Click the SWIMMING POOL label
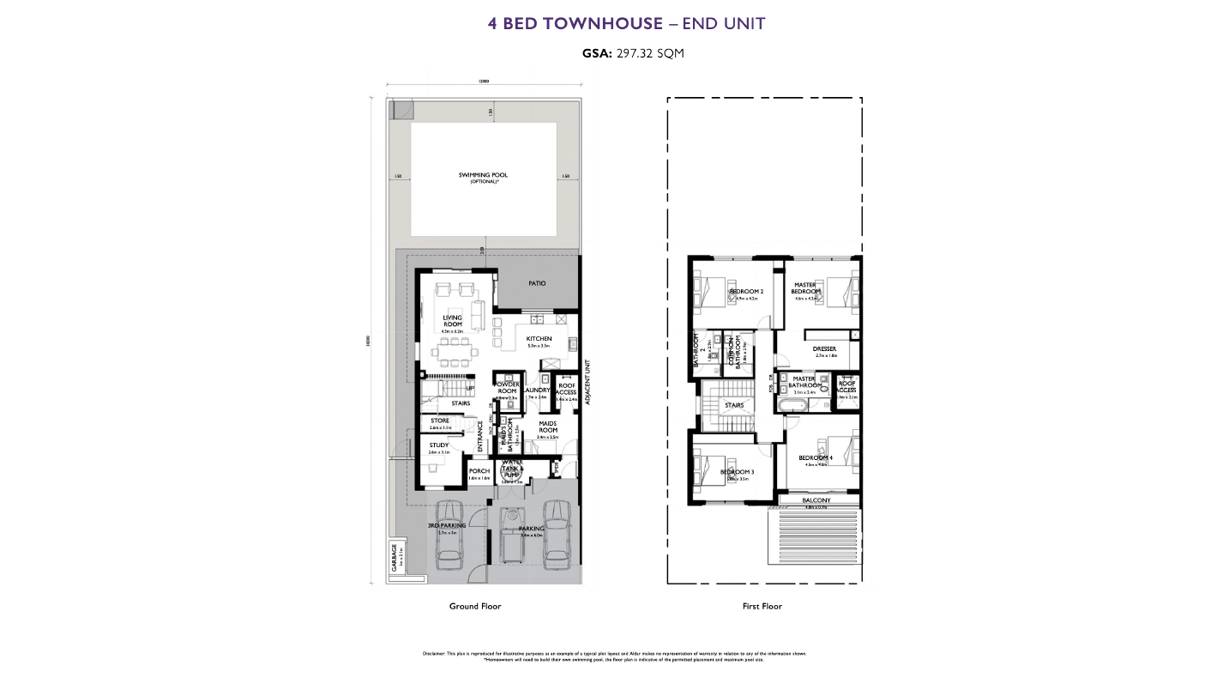coord(483,175)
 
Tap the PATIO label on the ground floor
coord(537,283)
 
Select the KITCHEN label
coord(539,339)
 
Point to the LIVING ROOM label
coord(452,321)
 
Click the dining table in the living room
coord(452,350)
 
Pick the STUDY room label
coord(439,445)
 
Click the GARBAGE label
coord(395,558)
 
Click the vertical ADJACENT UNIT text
coord(587,383)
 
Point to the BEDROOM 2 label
coord(745,292)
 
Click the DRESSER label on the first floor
coord(824,349)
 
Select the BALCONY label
coord(816,500)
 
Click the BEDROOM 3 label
coord(737,473)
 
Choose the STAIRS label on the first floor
coord(734,405)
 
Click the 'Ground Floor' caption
coord(474,606)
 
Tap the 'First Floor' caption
coord(762,606)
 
